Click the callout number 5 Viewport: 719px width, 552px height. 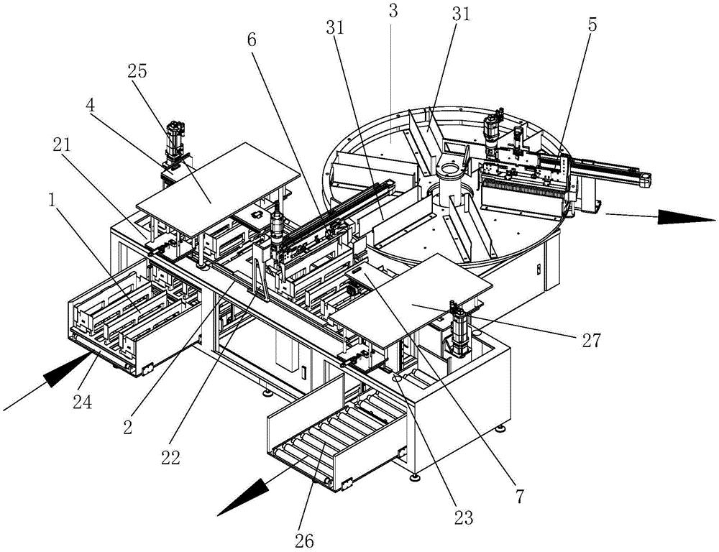click(x=592, y=24)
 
